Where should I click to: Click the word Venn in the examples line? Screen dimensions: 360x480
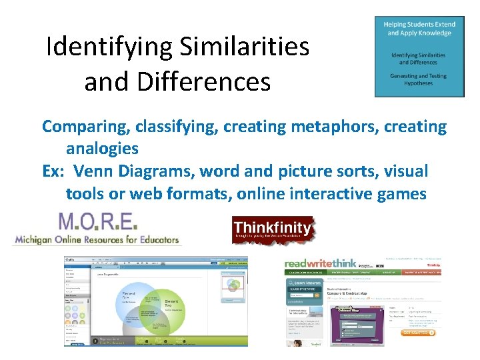pos(94,171)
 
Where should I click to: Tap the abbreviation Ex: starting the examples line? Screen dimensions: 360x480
pos(55,171)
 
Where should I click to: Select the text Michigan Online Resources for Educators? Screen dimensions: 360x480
pos(96,239)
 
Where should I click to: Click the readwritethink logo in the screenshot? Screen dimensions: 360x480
pos(321,263)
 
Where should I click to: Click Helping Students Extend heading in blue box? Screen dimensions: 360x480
pos(419,29)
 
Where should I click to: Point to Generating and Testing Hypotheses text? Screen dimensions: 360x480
pos(419,79)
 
